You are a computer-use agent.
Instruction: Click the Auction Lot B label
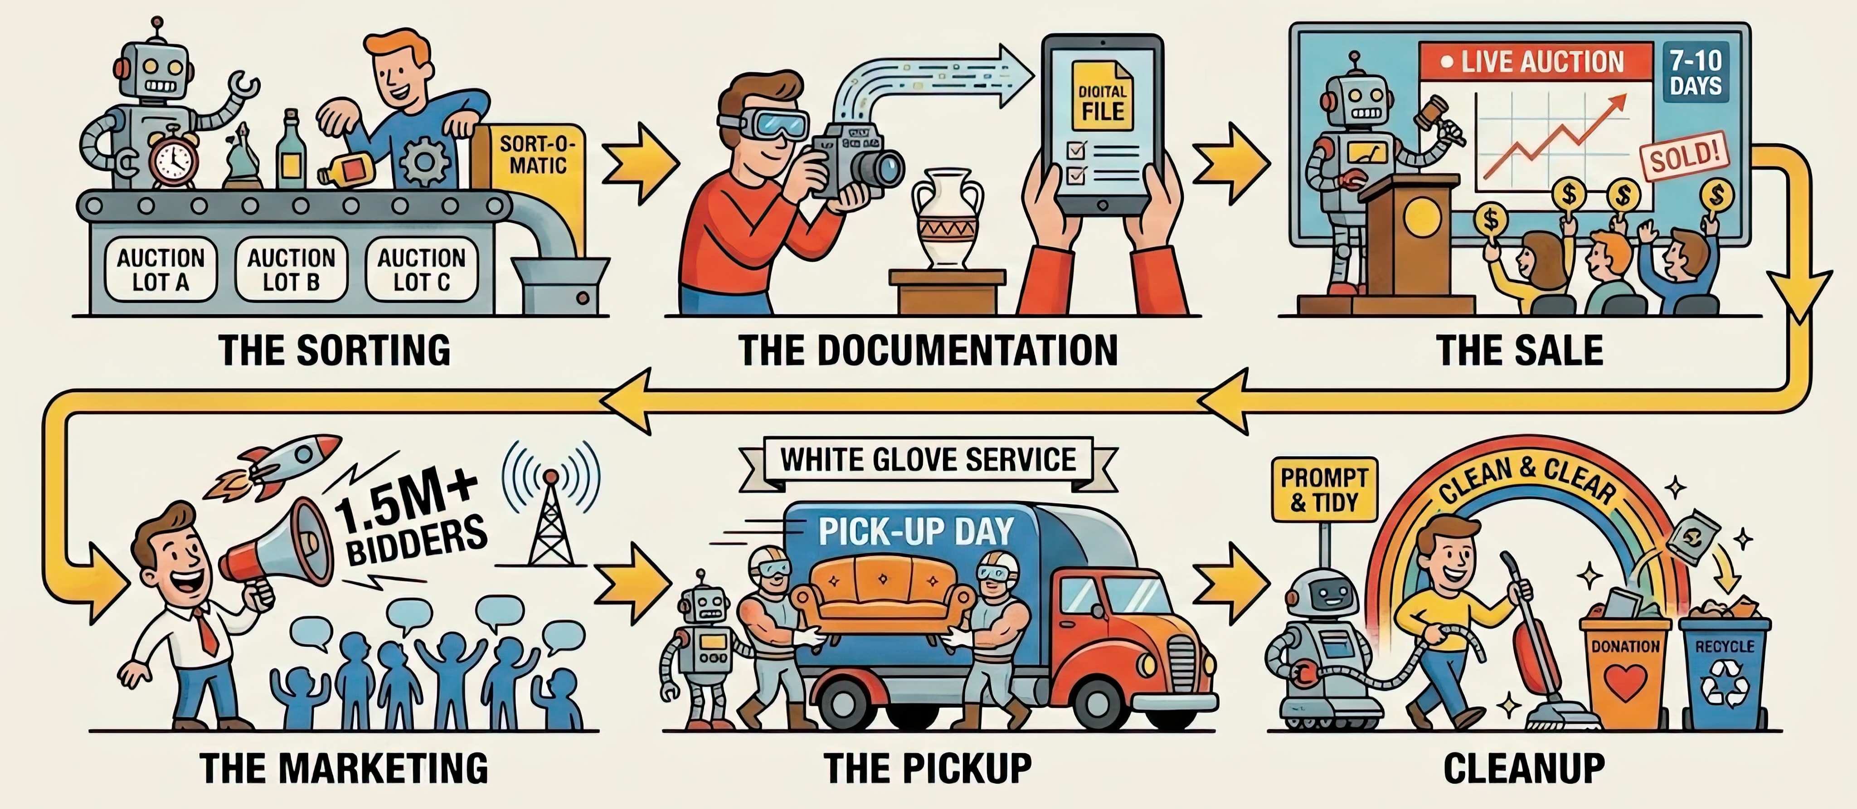pos(291,269)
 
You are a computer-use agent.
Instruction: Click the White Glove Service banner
pos(928,460)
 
